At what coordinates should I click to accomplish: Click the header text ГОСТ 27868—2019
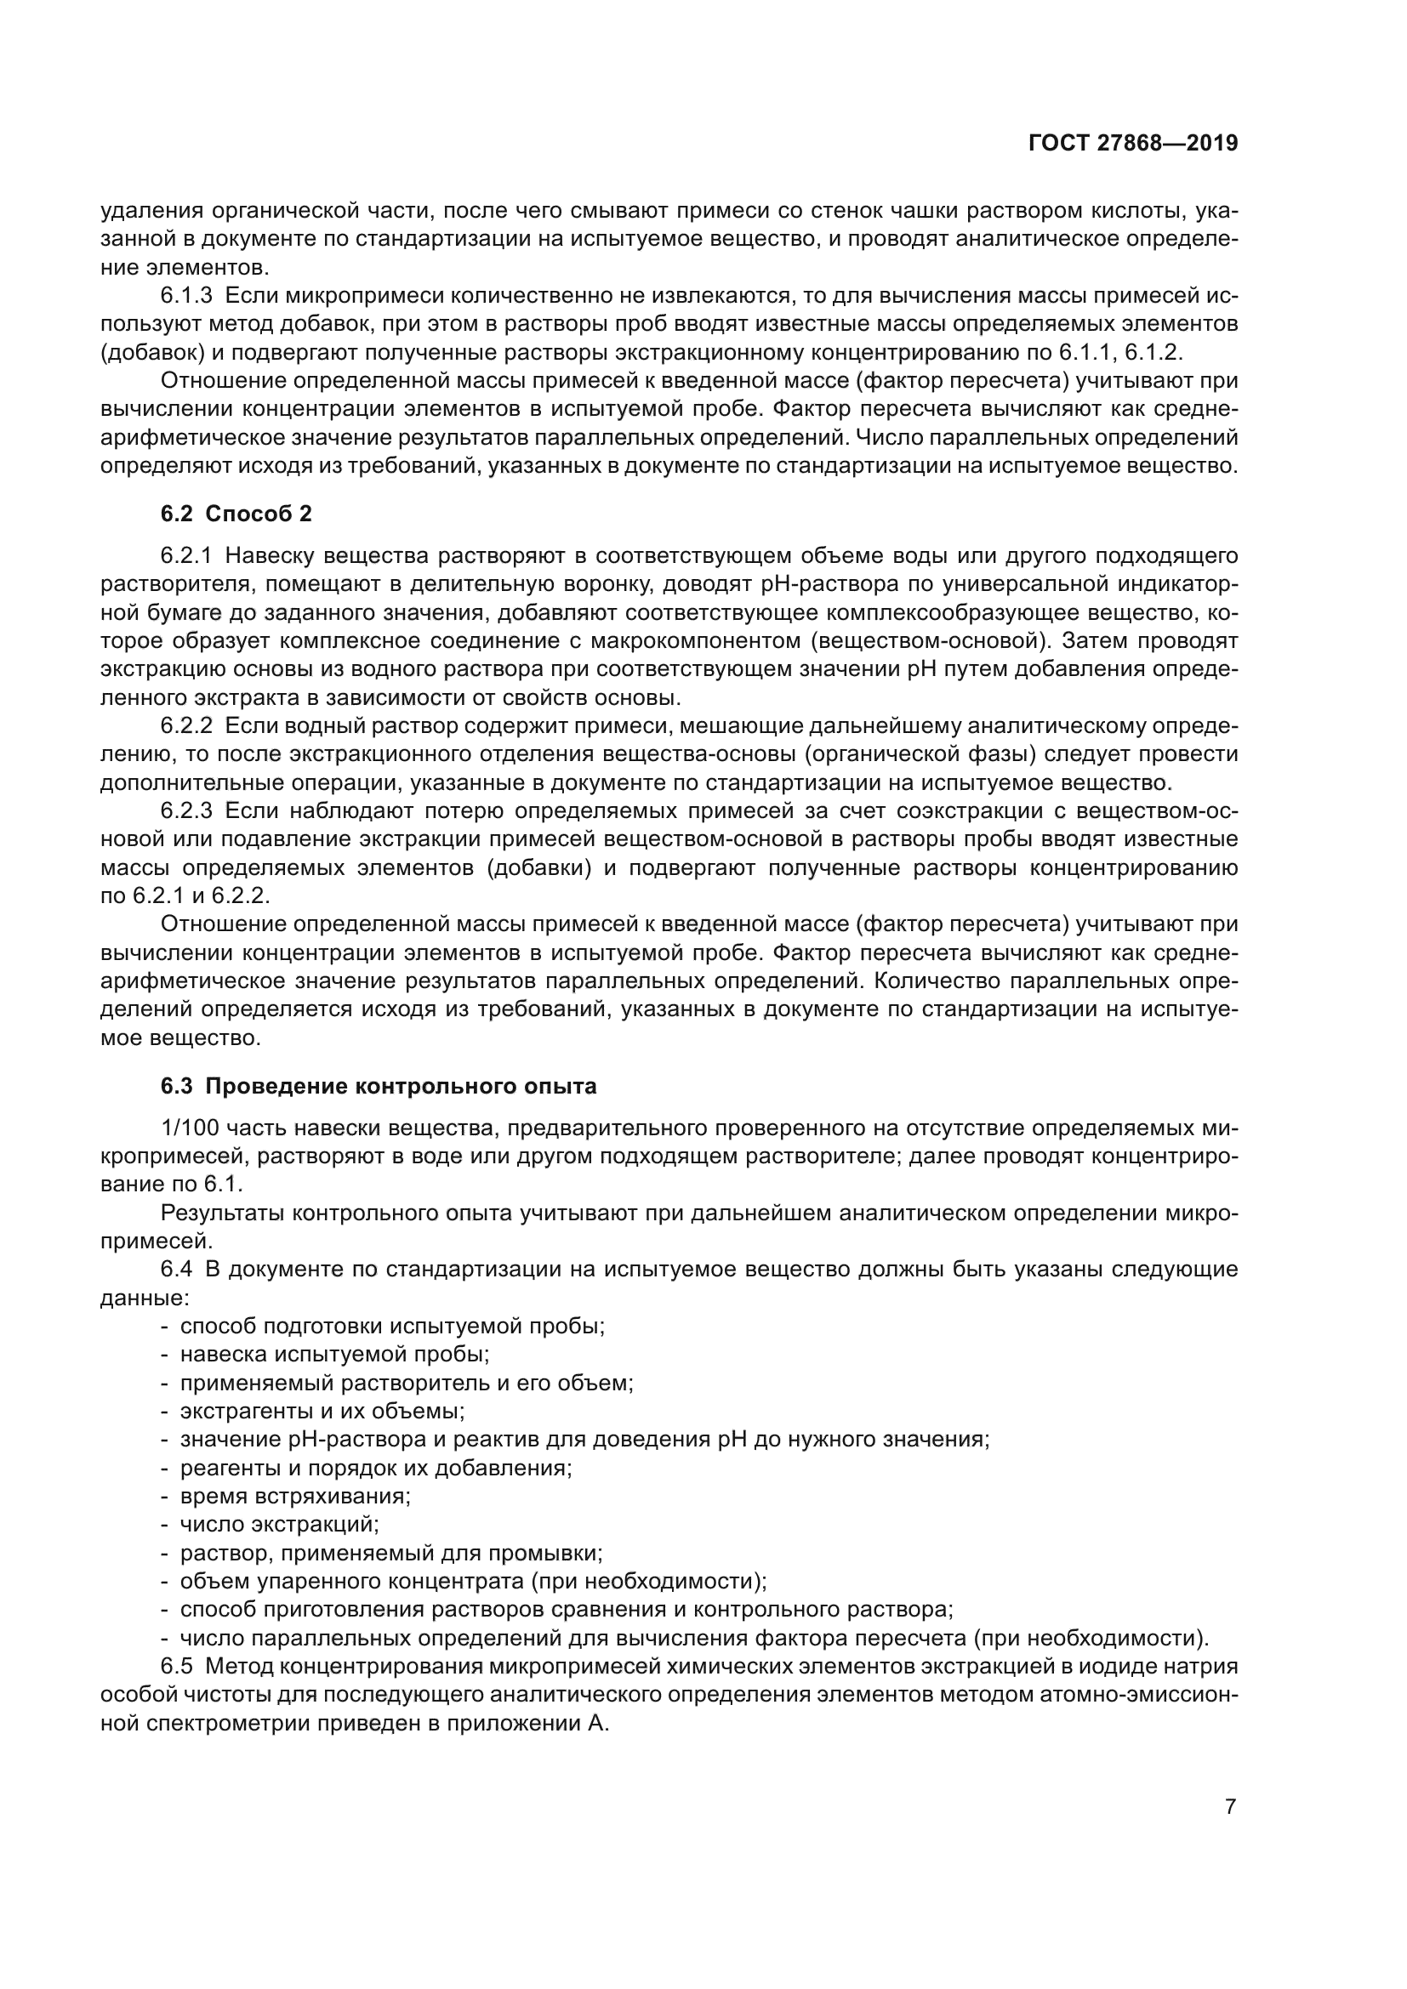[1133, 144]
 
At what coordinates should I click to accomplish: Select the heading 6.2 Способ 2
[236, 514]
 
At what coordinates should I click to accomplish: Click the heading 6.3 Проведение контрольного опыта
[379, 1086]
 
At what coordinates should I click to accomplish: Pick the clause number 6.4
[176, 1270]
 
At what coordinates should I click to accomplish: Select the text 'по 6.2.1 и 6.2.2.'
[186, 895]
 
